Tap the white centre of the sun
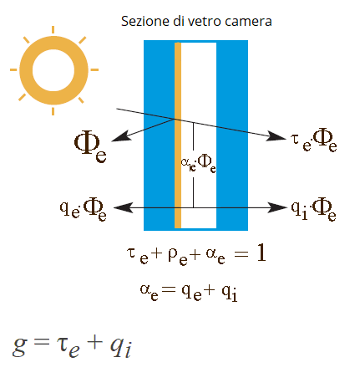pyautogui.click(x=53, y=70)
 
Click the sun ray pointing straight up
pyautogui.click(x=53, y=30)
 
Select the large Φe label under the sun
pyautogui.click(x=90, y=147)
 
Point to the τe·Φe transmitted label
pyautogui.click(x=314, y=140)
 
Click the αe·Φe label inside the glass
pyautogui.click(x=198, y=163)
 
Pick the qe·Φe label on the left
pyautogui.click(x=84, y=209)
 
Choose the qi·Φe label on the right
pyautogui.click(x=313, y=209)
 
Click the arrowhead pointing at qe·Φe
pyautogui.click(x=123, y=207)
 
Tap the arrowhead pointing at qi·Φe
pyautogui.click(x=277, y=207)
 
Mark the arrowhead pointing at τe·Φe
pyautogui.click(x=276, y=136)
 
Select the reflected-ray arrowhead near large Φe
pyautogui.click(x=121, y=136)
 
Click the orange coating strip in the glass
pyautogui.click(x=178, y=135)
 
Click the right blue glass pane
pyautogui.click(x=232, y=135)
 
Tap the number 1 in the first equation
pyautogui.click(x=261, y=253)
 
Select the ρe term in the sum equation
pyautogui.click(x=178, y=256)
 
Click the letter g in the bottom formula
pyautogui.click(x=19, y=346)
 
